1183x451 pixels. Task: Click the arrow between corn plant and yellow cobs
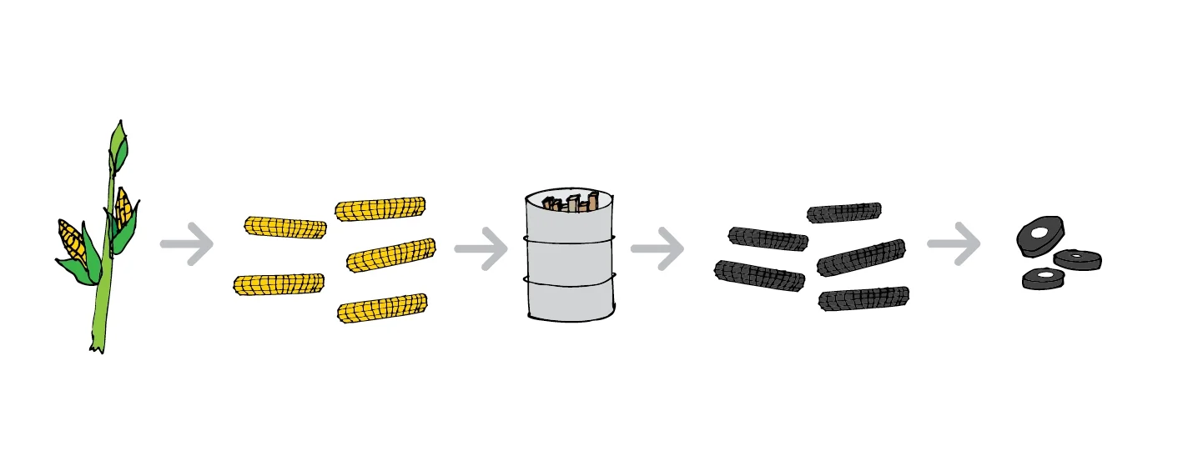(187, 244)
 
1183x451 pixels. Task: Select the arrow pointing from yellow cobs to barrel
(481, 248)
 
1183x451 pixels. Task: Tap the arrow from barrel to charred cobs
(657, 248)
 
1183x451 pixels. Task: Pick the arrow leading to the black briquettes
(954, 244)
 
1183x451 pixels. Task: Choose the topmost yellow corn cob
(380, 208)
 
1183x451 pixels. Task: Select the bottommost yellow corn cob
(382, 308)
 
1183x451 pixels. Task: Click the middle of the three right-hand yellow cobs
(390, 255)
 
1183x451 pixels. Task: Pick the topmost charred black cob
(843, 213)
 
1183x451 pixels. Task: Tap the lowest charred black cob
(863, 299)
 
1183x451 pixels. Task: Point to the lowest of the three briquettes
(1044, 278)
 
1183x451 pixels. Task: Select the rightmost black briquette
(1077, 260)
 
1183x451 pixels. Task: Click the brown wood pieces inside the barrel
(571, 203)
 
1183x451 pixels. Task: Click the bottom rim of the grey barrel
(571, 316)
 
